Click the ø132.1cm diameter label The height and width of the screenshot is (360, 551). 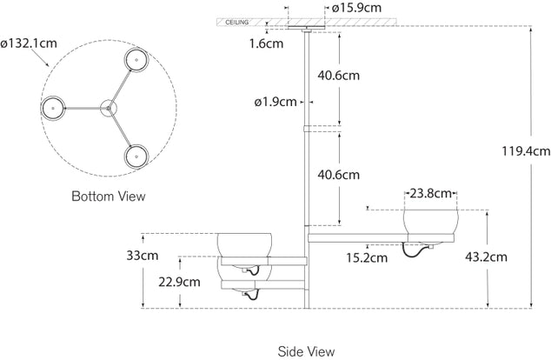click(x=29, y=43)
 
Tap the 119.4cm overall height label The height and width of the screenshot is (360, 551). click(x=526, y=151)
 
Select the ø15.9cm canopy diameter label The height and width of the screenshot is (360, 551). click(x=356, y=8)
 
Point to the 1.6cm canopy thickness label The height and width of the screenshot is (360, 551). click(x=266, y=43)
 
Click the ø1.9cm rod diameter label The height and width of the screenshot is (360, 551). click(x=275, y=102)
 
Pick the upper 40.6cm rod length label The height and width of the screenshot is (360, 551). click(x=338, y=76)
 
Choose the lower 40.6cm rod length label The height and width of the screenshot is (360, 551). click(x=338, y=175)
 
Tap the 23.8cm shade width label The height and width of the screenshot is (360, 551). click(x=430, y=193)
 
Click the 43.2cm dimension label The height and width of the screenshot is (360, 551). click(x=486, y=257)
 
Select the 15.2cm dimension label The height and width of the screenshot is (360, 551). click(x=367, y=257)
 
